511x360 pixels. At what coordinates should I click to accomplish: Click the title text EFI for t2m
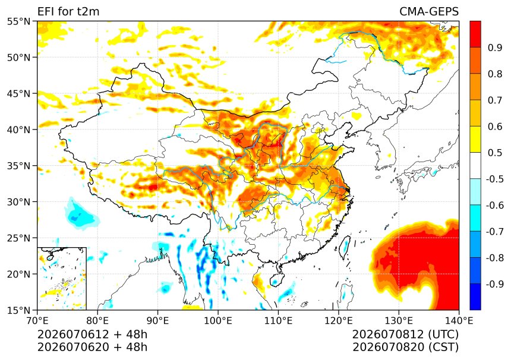coord(68,12)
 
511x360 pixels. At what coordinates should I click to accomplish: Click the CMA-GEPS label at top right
coord(429,12)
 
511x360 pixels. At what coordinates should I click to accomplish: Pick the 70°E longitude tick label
coord(37,321)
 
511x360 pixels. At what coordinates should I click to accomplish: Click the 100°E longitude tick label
coord(218,321)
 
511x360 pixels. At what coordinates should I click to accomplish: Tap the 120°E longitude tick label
coord(338,321)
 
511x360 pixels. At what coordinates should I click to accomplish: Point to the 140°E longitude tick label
coord(459,321)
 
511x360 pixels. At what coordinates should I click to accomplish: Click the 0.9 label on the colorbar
coord(495,48)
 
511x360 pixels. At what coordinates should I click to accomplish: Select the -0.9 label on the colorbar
coord(494,284)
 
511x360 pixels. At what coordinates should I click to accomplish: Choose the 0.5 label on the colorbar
coord(495,153)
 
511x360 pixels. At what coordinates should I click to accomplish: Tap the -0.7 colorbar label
coord(494,232)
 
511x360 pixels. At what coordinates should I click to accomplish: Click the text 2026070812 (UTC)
coord(405,334)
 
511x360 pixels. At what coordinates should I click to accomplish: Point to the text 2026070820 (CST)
coord(406,348)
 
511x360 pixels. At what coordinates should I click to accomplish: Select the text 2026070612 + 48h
coord(93,334)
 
